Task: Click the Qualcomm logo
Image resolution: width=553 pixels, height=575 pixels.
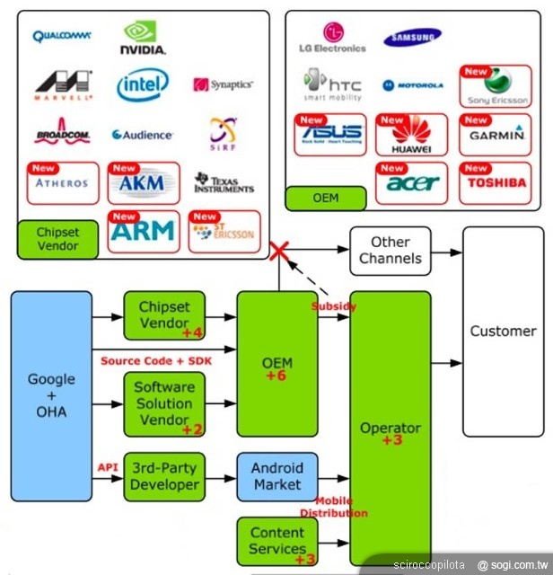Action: coord(62,36)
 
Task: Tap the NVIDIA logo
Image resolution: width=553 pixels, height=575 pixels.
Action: coord(144,39)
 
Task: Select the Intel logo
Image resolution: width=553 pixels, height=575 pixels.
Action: coord(143,86)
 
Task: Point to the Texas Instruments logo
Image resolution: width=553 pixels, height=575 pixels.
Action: coord(224,183)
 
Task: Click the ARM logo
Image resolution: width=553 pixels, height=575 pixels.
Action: coord(144,231)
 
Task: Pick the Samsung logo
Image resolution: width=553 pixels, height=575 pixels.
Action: coord(412,37)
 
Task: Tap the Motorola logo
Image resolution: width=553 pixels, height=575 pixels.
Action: coord(412,85)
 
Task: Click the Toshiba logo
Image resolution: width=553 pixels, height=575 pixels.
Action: coord(494,182)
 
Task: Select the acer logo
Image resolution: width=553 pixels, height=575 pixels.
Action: coord(412,183)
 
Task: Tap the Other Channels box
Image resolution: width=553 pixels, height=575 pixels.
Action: coord(391,251)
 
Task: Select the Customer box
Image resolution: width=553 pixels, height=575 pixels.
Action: coord(503,332)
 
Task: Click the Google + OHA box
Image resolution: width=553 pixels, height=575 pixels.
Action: coord(51,395)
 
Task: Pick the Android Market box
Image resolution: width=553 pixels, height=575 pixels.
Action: coord(276,477)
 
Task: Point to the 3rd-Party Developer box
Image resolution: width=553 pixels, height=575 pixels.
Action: coord(164,476)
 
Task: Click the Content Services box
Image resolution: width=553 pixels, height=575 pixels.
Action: coord(277,542)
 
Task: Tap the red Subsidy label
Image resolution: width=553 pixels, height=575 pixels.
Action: coord(333,306)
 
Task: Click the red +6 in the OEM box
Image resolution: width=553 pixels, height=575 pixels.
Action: coord(276,375)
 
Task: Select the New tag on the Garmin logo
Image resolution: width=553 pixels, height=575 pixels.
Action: coord(475,119)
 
